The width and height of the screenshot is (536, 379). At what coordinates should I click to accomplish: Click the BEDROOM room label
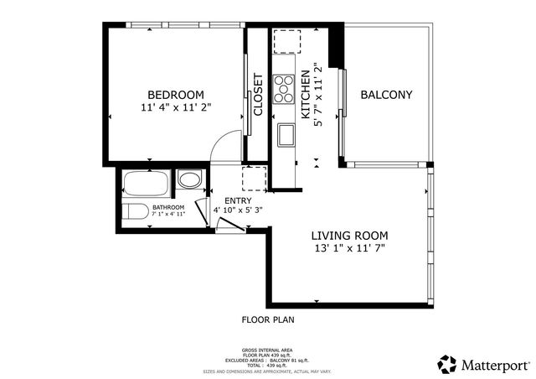tap(176, 94)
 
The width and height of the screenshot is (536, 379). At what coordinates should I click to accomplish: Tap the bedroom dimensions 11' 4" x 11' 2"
tap(176, 107)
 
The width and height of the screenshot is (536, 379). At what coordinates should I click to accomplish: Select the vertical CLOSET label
tap(258, 94)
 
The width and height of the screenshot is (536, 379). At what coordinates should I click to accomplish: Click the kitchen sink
tap(285, 134)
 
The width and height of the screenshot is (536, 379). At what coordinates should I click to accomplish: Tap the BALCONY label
tap(386, 95)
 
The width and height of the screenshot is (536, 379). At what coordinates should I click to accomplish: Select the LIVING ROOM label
tap(348, 236)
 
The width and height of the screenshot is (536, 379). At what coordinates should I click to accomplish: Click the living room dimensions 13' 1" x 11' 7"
tap(348, 249)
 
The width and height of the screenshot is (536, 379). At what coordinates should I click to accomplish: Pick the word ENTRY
tap(237, 200)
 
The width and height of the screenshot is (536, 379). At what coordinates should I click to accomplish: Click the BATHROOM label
tap(167, 206)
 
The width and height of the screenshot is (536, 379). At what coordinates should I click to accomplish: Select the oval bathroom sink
tap(190, 179)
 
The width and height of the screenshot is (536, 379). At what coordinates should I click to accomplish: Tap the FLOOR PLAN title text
tap(267, 319)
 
